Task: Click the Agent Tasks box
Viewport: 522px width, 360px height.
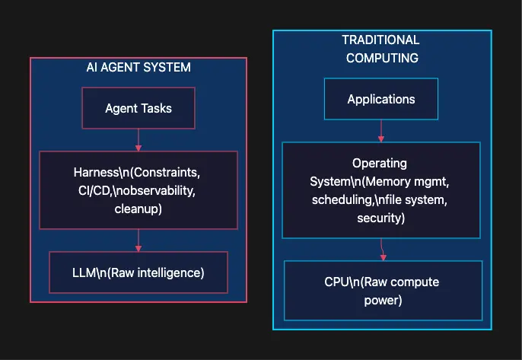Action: point(138,108)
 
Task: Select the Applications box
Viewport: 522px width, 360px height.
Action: point(380,99)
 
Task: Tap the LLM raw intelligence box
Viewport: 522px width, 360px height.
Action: point(138,272)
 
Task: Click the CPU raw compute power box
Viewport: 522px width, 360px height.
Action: point(382,291)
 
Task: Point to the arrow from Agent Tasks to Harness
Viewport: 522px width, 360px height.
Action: point(138,139)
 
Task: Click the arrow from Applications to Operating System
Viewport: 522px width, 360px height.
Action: point(381,131)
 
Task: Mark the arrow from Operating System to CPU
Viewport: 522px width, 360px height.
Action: point(383,250)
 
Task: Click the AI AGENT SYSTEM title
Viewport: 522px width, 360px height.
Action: point(138,68)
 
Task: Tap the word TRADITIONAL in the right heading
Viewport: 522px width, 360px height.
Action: point(380,40)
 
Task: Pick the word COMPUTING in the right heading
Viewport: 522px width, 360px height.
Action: point(380,58)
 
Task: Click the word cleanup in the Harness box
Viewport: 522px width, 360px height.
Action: point(138,209)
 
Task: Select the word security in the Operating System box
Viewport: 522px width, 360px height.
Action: point(380,218)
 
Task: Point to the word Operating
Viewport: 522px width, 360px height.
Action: point(380,164)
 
